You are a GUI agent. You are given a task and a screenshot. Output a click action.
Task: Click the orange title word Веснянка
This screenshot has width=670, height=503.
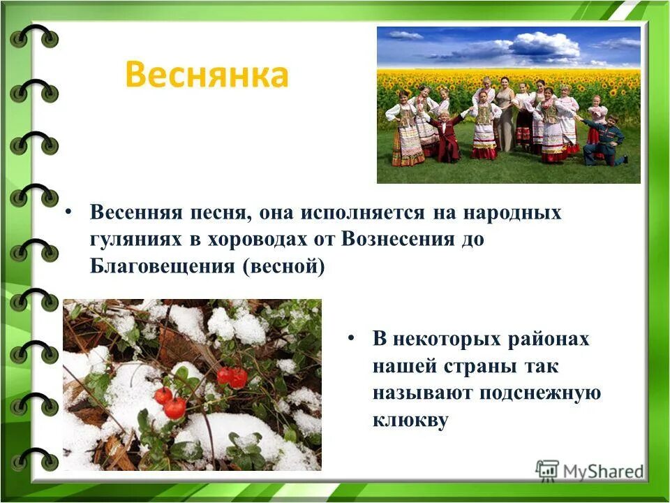tap(206, 76)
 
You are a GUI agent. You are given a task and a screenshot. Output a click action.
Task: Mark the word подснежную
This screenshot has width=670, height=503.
tap(539, 393)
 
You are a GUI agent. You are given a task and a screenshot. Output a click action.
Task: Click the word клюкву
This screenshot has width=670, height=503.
tap(410, 421)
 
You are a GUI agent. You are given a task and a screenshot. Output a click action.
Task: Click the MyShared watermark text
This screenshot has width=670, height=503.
tap(604, 472)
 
